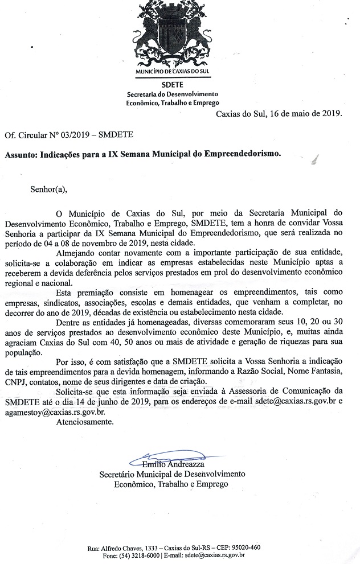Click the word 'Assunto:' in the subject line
(22, 154)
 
